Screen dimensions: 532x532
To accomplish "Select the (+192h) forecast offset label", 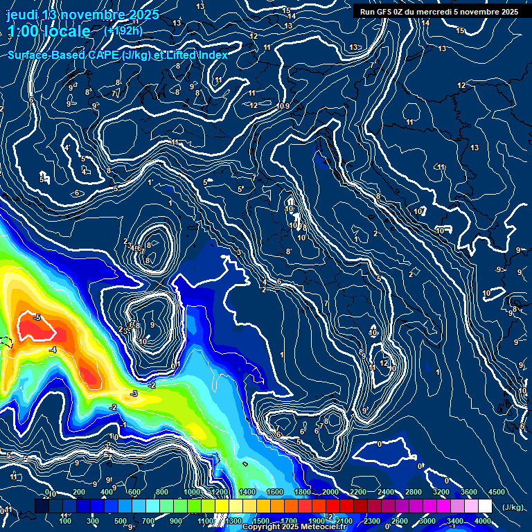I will [x=123, y=30].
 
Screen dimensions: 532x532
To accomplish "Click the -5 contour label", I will [x=37, y=318].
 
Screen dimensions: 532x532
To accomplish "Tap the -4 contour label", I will [x=53, y=351].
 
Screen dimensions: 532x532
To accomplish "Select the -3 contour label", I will [x=134, y=393].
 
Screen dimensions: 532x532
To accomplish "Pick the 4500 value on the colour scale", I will [x=497, y=493].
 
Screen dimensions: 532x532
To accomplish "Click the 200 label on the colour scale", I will [x=79, y=493].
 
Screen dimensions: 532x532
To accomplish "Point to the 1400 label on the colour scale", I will [x=247, y=493].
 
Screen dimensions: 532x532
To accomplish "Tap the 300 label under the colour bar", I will [x=93, y=520].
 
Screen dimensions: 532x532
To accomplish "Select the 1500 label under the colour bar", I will [x=260, y=520].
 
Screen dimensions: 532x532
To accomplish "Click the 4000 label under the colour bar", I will [x=483, y=520].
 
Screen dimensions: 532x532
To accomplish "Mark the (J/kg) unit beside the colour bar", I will [x=513, y=508].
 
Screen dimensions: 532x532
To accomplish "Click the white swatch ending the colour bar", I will [x=484, y=506].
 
